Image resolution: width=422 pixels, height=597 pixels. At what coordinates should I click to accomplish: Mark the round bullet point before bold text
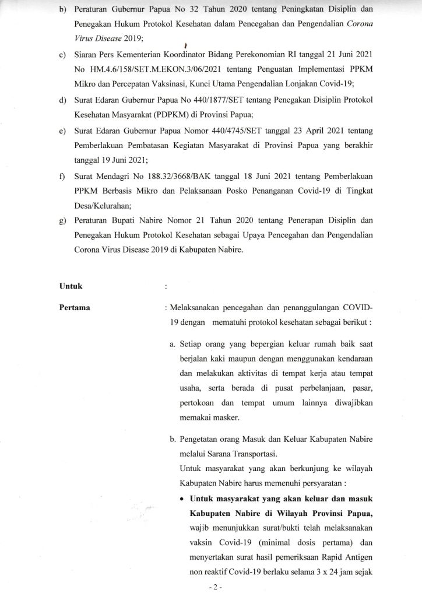(182, 500)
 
